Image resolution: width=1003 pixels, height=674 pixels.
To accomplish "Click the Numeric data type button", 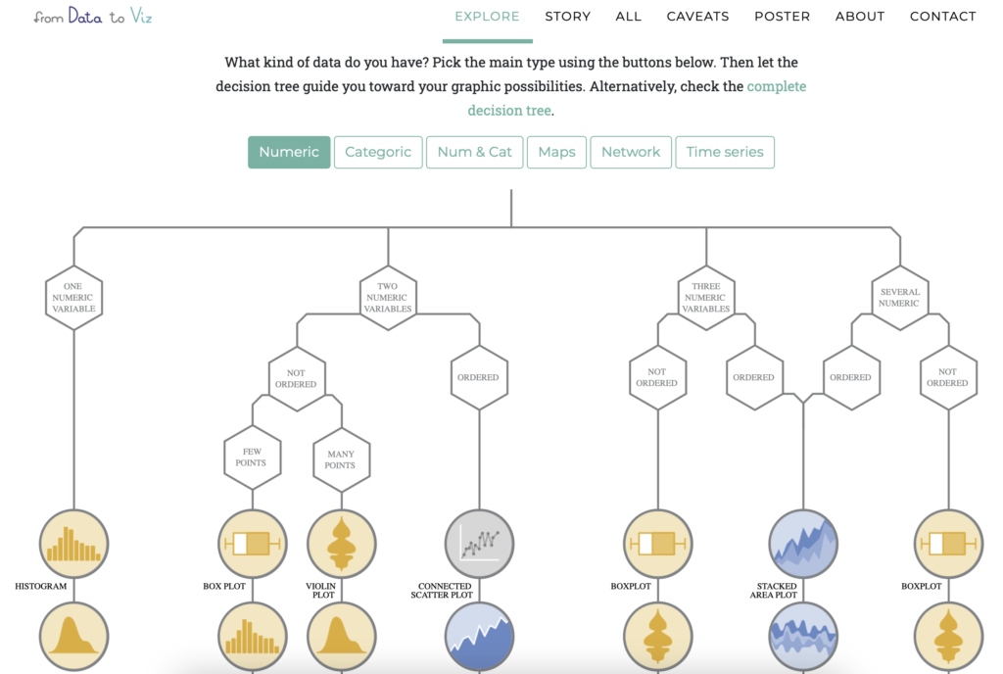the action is tap(289, 152).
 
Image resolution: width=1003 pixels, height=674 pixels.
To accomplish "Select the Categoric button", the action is tap(378, 152).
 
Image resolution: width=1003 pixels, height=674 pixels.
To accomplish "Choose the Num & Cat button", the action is tap(474, 152).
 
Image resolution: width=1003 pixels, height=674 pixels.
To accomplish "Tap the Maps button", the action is tap(556, 152).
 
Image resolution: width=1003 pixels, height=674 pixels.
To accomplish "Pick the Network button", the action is tap(631, 152).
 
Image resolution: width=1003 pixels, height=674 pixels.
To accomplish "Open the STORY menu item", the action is tap(568, 17).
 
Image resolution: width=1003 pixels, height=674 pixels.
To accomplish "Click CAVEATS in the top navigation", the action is tap(697, 17).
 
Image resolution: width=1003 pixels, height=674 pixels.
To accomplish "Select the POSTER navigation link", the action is tap(782, 17).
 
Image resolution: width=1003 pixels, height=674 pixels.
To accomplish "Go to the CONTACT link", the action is tap(942, 17).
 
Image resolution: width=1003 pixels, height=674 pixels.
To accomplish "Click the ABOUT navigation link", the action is tap(860, 17).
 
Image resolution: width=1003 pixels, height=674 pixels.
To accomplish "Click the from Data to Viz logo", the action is tap(93, 17).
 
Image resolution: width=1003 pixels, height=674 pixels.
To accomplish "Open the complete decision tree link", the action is tap(637, 98).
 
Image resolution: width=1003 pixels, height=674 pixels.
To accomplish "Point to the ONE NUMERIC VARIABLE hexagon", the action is tap(74, 297).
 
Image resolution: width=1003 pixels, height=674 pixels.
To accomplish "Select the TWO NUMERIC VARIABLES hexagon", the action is tap(388, 297).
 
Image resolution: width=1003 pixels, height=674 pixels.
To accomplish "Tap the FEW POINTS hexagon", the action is tap(251, 457).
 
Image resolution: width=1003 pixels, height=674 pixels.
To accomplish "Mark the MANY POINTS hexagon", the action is tap(340, 457).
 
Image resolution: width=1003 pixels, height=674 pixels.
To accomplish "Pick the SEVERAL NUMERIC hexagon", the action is tap(898, 297).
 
